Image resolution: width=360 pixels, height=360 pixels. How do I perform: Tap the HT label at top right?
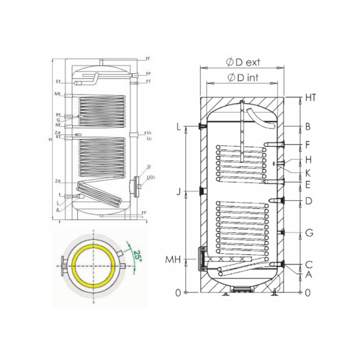(x=310, y=97)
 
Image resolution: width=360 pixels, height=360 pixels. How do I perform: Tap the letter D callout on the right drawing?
(x=308, y=201)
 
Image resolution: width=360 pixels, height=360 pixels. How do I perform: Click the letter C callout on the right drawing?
(x=308, y=264)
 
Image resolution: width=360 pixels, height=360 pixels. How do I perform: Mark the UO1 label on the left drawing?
(x=151, y=178)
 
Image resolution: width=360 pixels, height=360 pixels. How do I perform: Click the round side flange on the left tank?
(x=137, y=183)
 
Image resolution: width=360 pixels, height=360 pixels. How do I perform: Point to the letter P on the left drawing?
(x=150, y=74)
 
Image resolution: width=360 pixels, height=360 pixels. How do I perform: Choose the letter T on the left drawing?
(x=150, y=82)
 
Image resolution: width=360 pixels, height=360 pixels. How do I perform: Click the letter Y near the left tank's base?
(x=145, y=212)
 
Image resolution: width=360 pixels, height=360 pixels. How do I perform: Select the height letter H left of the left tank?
(x=50, y=140)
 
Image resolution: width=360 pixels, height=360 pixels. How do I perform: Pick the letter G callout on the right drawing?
(x=309, y=233)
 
